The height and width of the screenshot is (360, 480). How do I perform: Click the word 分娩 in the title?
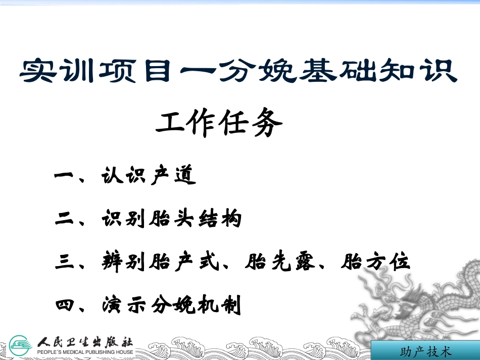point(253,71)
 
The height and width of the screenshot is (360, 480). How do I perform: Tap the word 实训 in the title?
point(52,71)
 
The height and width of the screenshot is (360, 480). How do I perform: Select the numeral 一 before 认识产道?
point(64,177)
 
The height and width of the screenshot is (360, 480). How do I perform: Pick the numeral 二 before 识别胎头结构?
point(64,220)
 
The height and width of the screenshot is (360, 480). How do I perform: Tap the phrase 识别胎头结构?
point(171,219)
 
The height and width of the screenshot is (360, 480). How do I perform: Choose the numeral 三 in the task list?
point(64,263)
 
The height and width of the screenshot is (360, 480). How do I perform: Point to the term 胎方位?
point(375,262)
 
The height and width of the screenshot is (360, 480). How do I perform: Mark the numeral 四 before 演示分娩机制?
point(64,306)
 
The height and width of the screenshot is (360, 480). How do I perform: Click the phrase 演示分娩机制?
point(171,305)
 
